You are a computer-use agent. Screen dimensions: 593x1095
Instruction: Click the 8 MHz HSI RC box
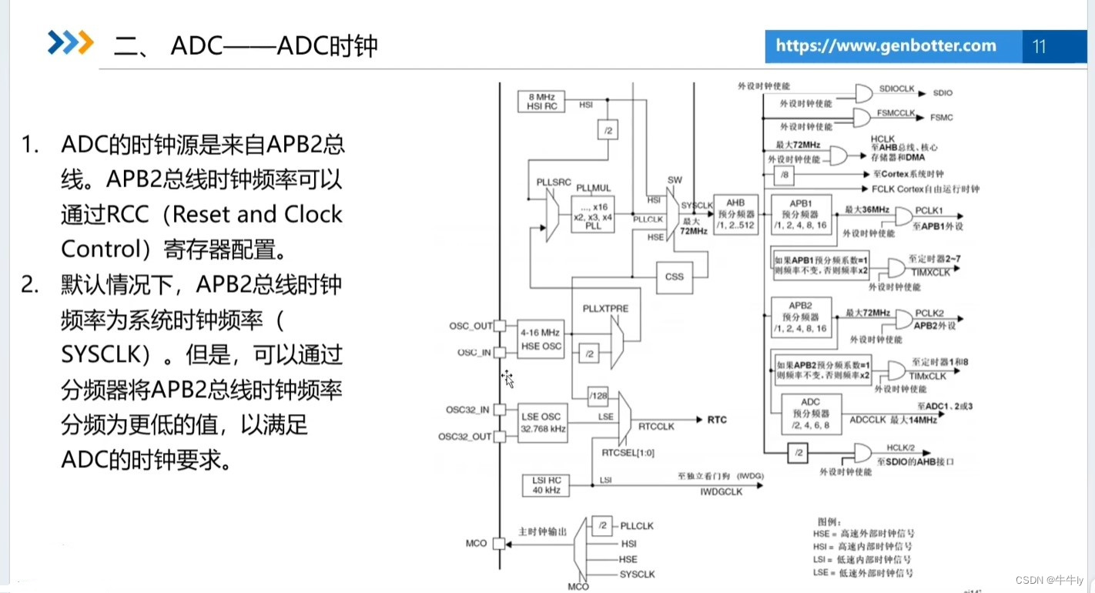point(541,102)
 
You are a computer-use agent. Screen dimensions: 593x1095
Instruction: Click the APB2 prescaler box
point(801,317)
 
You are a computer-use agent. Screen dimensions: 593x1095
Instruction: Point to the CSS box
point(674,276)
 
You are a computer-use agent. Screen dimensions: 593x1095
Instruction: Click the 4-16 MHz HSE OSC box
point(541,339)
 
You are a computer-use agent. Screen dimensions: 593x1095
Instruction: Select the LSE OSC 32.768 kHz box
point(541,423)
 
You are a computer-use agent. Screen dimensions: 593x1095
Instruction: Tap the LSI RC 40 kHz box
point(541,486)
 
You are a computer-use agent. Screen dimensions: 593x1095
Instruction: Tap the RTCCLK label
point(657,425)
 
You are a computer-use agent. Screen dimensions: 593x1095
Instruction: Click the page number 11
point(1039,47)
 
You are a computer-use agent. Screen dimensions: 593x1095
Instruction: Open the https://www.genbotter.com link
point(886,46)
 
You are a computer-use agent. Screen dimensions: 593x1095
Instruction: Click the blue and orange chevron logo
point(70,43)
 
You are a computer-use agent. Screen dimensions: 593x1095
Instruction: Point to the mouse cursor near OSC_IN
point(507,378)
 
